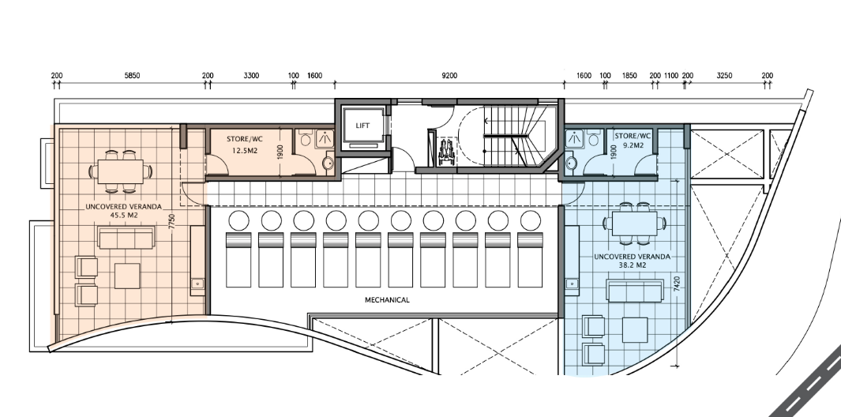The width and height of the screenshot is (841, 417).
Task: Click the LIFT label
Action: (x=362, y=126)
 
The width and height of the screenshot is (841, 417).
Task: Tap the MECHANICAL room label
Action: (x=387, y=300)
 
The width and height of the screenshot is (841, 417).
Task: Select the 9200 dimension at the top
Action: (x=449, y=76)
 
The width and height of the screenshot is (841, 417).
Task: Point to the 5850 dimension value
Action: (x=132, y=76)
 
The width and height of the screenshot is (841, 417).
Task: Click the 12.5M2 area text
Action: (x=245, y=151)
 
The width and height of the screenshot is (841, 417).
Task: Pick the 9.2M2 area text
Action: (x=632, y=145)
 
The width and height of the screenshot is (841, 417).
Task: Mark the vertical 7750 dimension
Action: (x=171, y=222)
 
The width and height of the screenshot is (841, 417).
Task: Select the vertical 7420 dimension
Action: (x=676, y=284)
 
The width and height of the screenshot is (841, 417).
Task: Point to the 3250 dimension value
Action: (x=724, y=76)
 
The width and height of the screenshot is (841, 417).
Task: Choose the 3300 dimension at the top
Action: (x=251, y=76)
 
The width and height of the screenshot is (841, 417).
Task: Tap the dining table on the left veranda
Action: (x=121, y=171)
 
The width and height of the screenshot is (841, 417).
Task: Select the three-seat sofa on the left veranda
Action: (x=126, y=237)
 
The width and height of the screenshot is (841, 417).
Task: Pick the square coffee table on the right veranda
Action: (x=635, y=330)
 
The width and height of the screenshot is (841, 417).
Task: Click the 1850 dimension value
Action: (x=629, y=76)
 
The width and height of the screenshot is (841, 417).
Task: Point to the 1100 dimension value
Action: (x=671, y=76)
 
